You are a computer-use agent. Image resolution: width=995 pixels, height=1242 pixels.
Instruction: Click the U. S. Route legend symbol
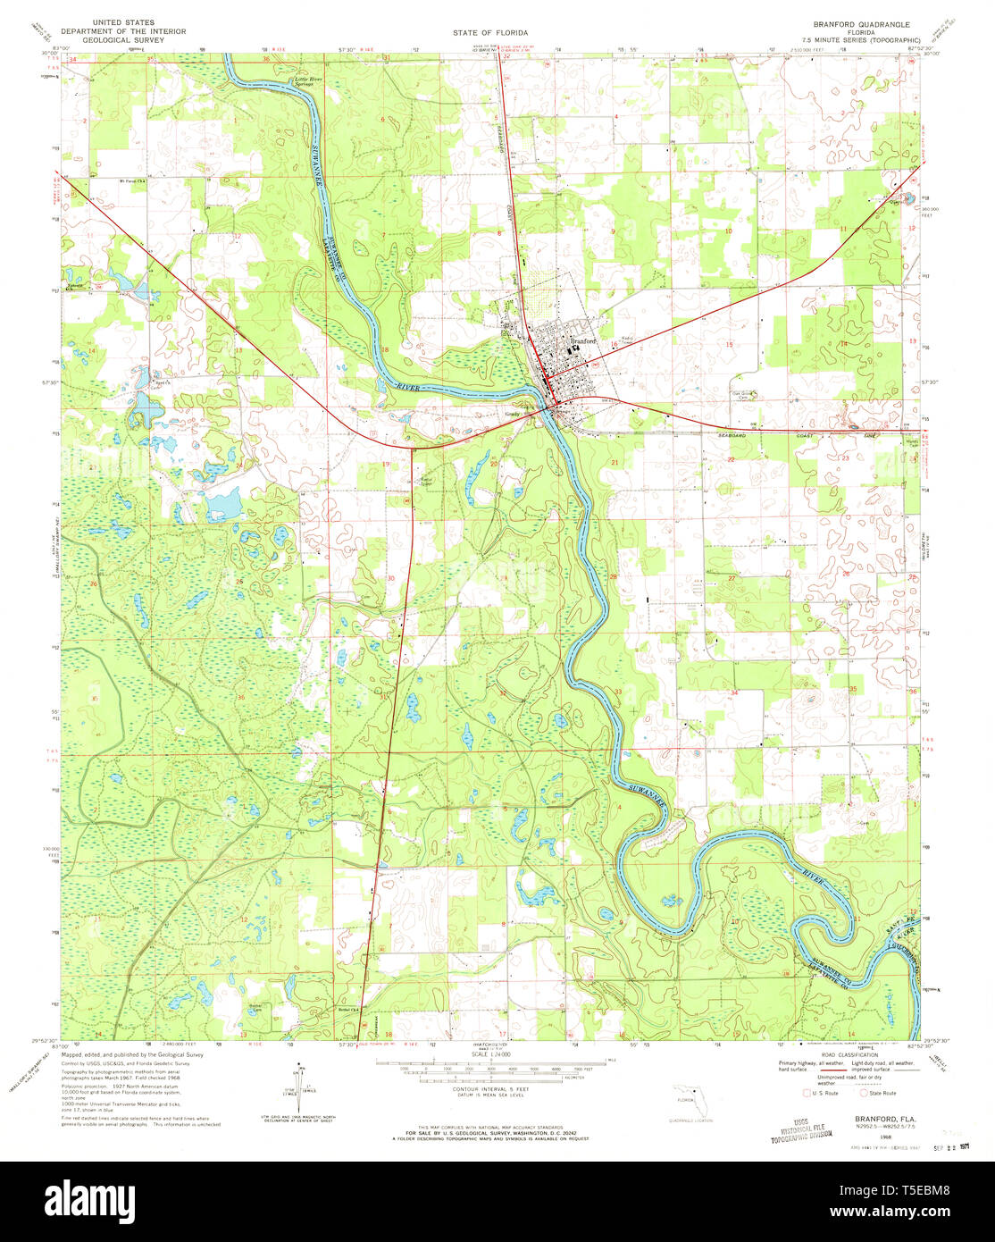[809, 1092]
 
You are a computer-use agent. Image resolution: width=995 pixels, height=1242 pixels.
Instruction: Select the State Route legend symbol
[863, 1092]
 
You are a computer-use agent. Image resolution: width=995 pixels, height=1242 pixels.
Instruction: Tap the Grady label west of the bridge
[514, 414]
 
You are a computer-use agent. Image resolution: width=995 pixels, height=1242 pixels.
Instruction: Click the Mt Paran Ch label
[134, 180]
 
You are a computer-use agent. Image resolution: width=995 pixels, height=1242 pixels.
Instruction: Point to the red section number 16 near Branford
[615, 344]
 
